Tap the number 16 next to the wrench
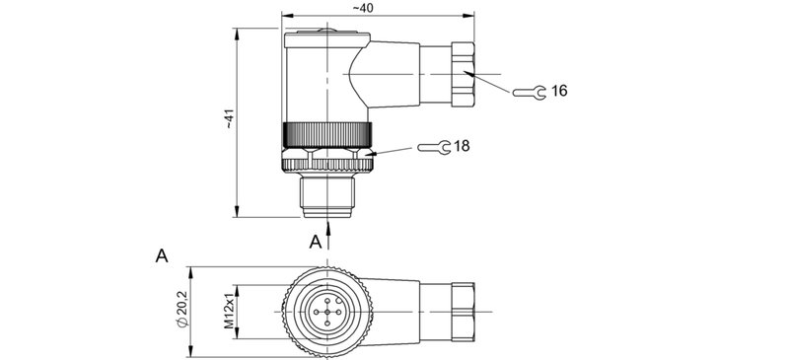[x=559, y=91]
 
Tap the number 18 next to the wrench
[x=462, y=146]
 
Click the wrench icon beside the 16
[x=530, y=92]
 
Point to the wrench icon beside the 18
[x=434, y=147]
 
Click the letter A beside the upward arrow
[x=316, y=241]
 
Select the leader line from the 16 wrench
[x=493, y=83]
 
